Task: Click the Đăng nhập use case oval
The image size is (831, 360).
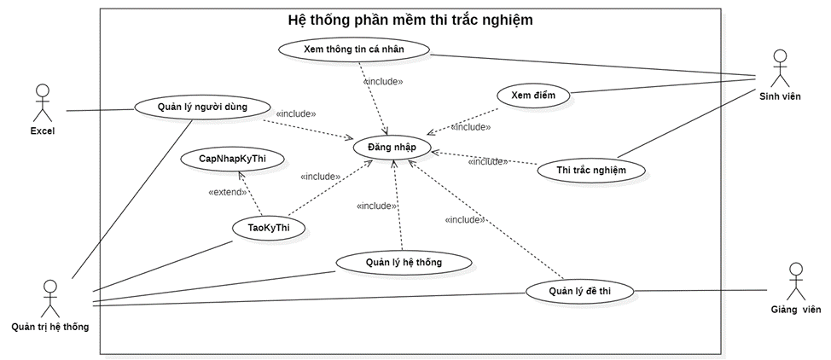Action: coord(392,147)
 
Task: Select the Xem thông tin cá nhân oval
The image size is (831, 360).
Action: coord(353,49)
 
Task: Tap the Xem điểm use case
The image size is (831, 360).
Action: coord(533,96)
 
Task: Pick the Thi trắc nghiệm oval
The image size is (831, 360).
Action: coord(591,170)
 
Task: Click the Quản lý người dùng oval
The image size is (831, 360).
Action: coord(202,107)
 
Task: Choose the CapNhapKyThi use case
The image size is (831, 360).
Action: coord(232,160)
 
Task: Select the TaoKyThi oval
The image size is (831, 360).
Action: coord(269,228)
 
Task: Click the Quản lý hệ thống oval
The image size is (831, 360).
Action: coord(404,262)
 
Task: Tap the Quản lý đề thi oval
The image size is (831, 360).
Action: coord(579,291)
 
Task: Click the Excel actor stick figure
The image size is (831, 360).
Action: coord(42,102)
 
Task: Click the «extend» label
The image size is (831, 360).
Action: coord(227,192)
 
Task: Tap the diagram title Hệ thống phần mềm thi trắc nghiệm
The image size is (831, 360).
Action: coord(410,20)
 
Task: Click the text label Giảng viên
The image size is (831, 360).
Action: coord(795,309)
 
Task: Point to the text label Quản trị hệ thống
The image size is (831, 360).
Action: coord(50,326)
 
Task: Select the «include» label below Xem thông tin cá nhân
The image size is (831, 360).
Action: coord(383,82)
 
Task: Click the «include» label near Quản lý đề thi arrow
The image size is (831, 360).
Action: coord(465,219)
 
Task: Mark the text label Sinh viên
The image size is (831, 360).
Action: coord(780,96)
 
